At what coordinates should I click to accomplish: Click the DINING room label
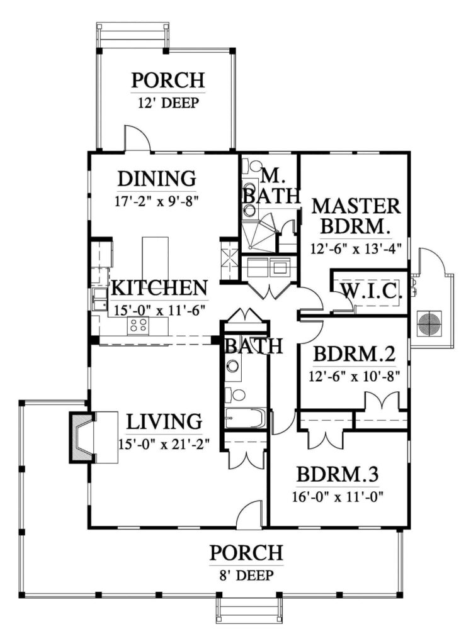tap(156, 179)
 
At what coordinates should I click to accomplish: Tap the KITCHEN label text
tap(159, 288)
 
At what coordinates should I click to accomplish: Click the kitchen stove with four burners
tap(139, 325)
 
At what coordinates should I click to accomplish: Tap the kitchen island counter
tap(155, 258)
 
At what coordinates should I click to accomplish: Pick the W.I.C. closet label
tap(371, 291)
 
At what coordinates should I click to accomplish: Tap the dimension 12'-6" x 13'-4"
tap(356, 247)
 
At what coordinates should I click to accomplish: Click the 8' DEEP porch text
tap(246, 574)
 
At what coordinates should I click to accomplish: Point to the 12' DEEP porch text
tap(168, 103)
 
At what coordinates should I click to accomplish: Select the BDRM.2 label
tap(355, 355)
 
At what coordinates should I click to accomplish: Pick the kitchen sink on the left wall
tap(99, 298)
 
